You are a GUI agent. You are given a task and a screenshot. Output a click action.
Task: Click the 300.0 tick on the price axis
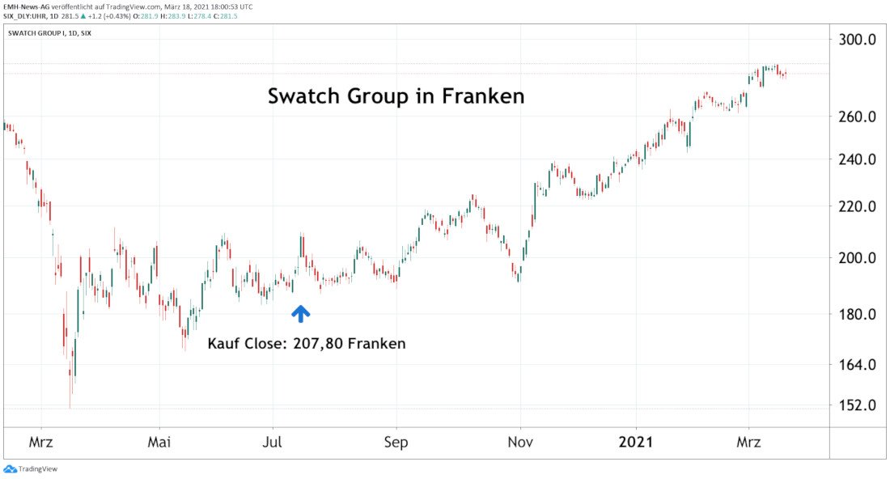[857, 40]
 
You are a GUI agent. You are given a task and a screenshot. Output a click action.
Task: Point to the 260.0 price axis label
[857, 117]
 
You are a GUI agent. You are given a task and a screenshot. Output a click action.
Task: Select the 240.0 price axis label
[857, 159]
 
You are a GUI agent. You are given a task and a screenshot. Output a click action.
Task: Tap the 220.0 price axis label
[857, 206]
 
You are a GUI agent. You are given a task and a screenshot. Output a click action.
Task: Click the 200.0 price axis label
[857, 258]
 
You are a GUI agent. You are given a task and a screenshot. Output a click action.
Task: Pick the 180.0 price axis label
[857, 315]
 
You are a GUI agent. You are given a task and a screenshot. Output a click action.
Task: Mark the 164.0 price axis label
[857, 365]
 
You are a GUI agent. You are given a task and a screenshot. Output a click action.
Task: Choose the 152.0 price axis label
[857, 405]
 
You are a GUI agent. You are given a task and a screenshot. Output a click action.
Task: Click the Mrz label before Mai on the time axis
[41, 443]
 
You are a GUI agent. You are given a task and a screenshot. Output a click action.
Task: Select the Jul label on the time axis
[272, 443]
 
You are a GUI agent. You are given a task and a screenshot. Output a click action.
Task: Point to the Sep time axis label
[396, 443]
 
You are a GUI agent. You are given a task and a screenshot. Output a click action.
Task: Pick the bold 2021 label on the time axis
[636, 443]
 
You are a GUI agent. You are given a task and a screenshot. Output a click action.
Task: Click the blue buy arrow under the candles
[300, 314]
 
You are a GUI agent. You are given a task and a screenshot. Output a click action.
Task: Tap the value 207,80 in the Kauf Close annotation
[312, 343]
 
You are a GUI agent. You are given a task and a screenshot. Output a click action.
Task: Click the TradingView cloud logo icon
[10, 468]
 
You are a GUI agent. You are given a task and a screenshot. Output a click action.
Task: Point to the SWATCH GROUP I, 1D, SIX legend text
[49, 33]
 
